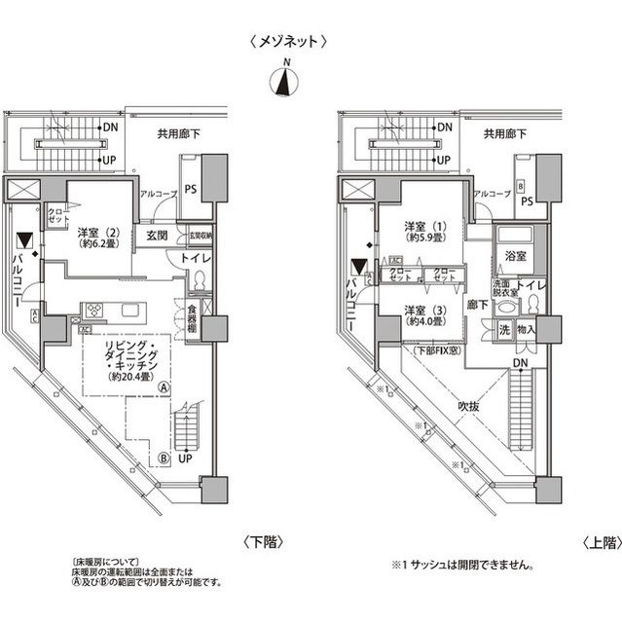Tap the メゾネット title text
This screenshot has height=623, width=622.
(x=286, y=42)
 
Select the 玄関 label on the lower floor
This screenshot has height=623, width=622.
(x=159, y=236)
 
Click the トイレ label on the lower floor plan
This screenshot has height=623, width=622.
(x=197, y=259)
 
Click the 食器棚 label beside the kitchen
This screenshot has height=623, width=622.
(x=194, y=319)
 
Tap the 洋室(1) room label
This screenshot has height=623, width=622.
(x=424, y=234)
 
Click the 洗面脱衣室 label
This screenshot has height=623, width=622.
(x=505, y=287)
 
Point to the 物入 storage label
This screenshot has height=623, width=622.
(x=527, y=331)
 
